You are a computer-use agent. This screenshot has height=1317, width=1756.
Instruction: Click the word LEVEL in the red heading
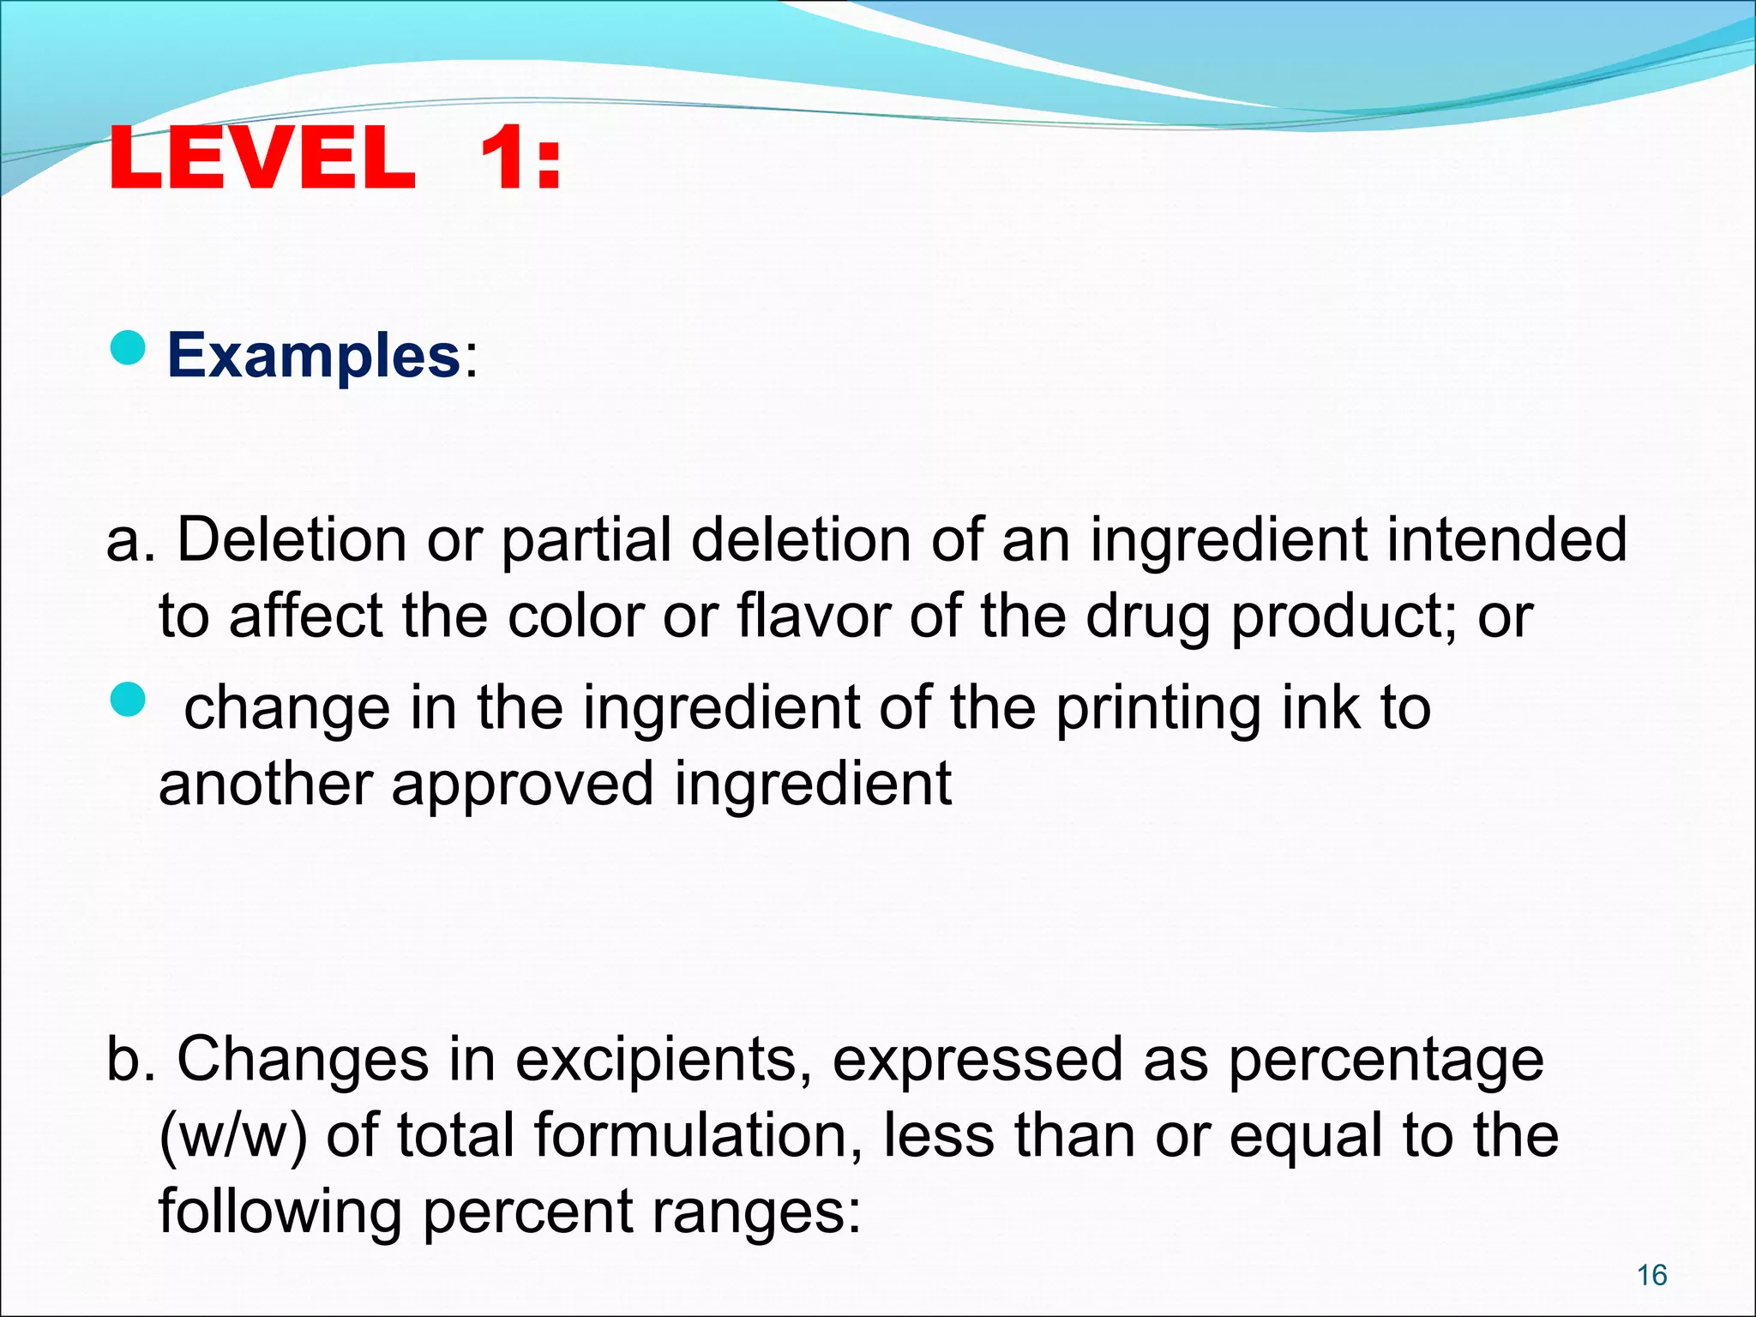(262, 159)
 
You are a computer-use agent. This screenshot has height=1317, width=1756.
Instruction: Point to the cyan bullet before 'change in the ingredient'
(129, 700)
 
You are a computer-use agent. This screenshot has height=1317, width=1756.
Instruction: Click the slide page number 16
(1651, 1275)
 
